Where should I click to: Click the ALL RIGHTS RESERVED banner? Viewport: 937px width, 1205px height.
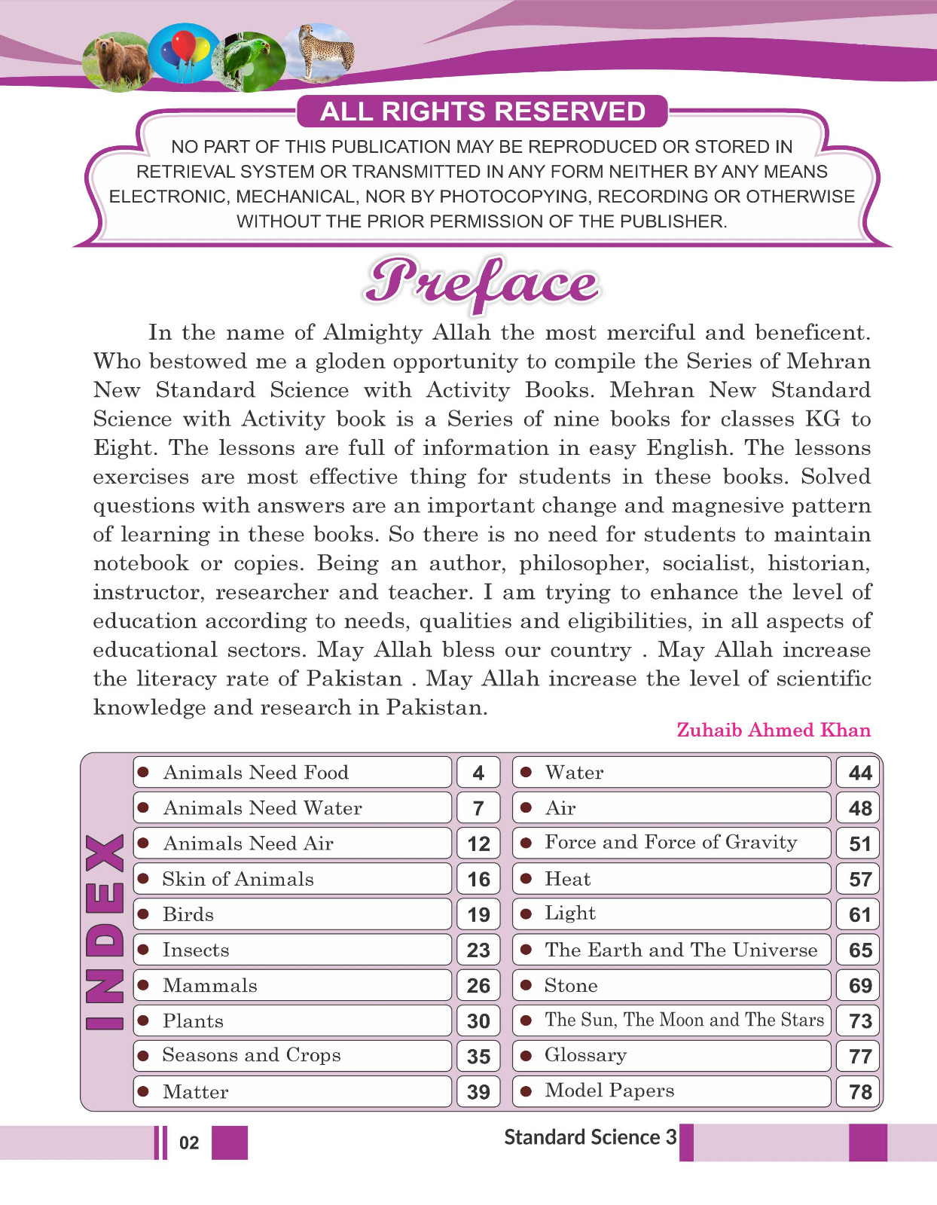point(482,111)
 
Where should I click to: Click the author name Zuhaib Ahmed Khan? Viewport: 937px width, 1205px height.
point(774,730)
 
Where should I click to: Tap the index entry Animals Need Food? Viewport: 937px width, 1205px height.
point(255,773)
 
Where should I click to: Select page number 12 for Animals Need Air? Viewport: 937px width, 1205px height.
point(478,843)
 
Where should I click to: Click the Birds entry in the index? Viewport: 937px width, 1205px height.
point(188,914)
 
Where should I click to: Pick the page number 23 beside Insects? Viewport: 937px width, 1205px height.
point(478,950)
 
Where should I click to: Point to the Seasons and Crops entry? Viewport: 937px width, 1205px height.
point(252,1056)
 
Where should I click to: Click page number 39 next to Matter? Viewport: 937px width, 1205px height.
point(478,1092)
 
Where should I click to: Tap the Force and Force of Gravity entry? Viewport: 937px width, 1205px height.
point(670,843)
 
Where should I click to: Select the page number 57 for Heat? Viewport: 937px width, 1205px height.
point(860,879)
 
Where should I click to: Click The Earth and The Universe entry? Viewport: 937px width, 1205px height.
point(681,950)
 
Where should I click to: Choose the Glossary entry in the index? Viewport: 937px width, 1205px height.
point(585,1056)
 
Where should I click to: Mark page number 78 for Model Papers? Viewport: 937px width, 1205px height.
point(860,1092)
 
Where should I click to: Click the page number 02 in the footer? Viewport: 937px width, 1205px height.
point(189,1143)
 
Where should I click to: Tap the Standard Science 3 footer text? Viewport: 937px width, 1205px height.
point(590,1137)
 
